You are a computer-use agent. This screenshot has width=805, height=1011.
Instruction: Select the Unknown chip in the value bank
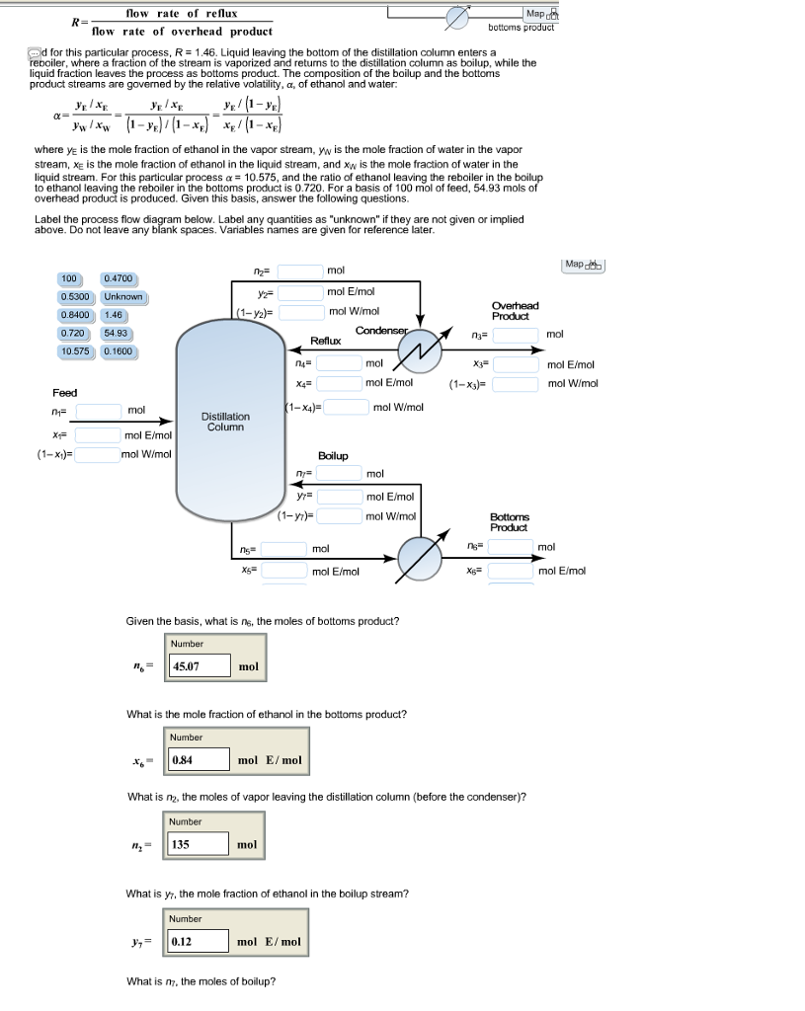(x=123, y=297)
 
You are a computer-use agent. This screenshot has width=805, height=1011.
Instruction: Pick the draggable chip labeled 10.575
(x=76, y=351)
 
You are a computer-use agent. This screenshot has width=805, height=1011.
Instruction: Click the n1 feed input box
(x=98, y=410)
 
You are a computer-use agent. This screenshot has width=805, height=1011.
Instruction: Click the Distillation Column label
(x=226, y=422)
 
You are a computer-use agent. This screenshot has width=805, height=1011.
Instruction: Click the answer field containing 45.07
(x=201, y=666)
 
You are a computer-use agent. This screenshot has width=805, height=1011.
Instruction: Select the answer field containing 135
(x=199, y=845)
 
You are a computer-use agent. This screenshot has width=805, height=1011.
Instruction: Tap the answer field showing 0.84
(x=199, y=761)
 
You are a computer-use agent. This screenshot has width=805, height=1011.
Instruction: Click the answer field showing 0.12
(x=199, y=942)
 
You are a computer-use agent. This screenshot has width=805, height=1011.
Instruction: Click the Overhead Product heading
(x=515, y=310)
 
